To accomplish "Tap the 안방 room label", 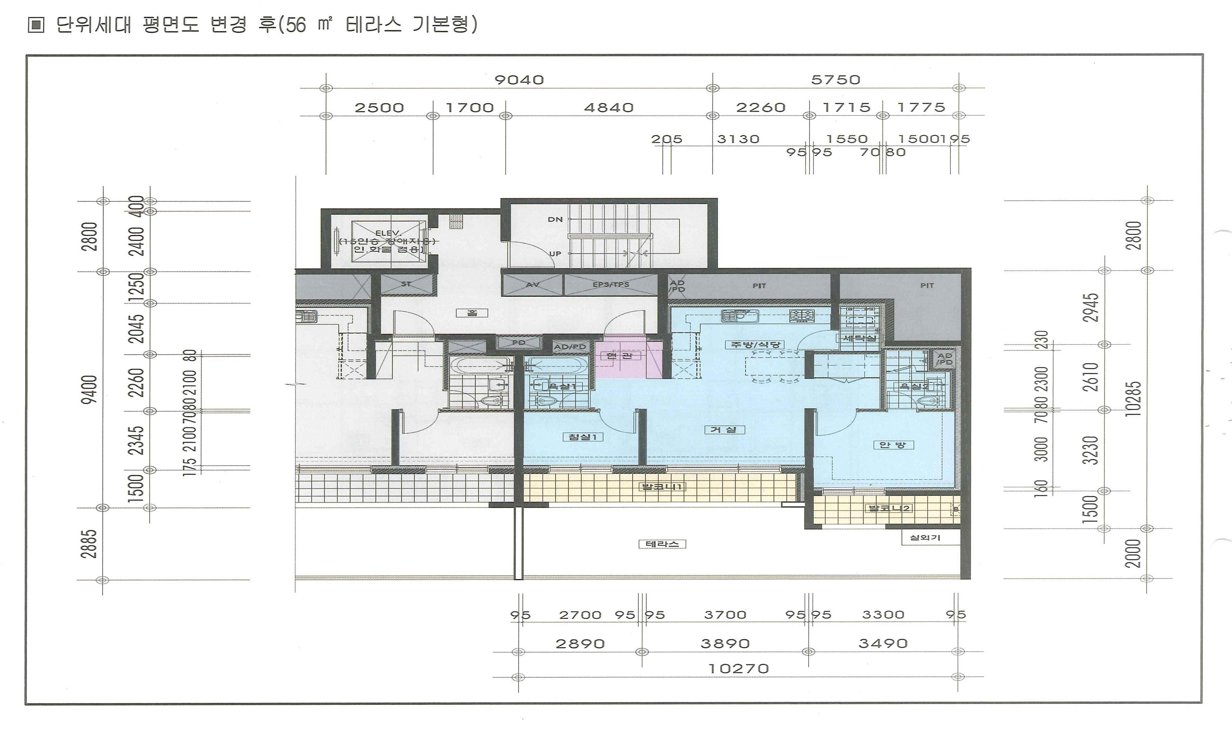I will coord(893,445).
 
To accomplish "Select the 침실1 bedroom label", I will coord(583,437).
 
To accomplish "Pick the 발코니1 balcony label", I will coord(662,487).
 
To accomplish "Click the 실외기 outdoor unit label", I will coord(925,537).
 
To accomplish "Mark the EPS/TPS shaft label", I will coord(611,285).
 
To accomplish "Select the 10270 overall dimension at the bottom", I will coord(739,668).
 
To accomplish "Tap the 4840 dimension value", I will coord(608,108).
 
